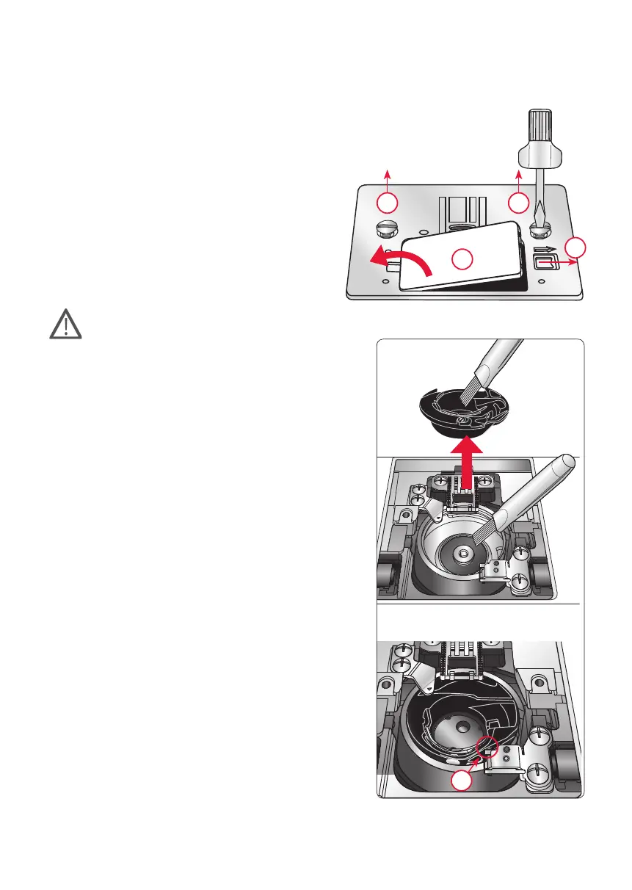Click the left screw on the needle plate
[x=388, y=227]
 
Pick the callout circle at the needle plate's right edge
[x=576, y=247]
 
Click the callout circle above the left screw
[x=388, y=202]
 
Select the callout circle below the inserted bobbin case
[x=461, y=782]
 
